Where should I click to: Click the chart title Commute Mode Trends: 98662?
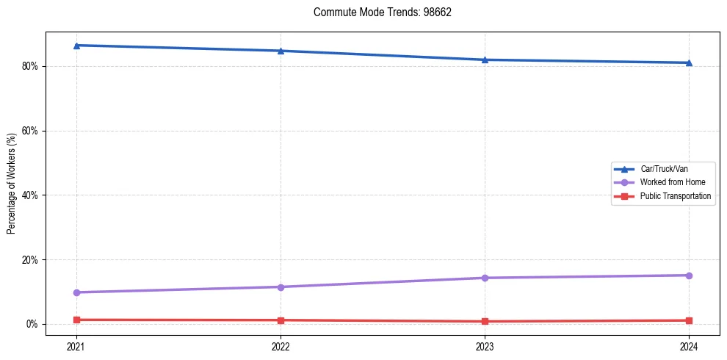pyautogui.click(x=377, y=12)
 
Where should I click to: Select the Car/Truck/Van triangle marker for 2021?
pyautogui.click(x=76, y=46)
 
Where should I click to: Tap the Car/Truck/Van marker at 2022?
pyautogui.click(x=281, y=51)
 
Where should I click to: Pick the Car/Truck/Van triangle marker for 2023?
pyautogui.click(x=485, y=60)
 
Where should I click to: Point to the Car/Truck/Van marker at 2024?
pyautogui.click(x=689, y=62)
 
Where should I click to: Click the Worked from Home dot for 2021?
pyautogui.click(x=76, y=292)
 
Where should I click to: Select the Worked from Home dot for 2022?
pyautogui.click(x=281, y=287)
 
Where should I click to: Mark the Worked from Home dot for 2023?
pyautogui.click(x=485, y=278)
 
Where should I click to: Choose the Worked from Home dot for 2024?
pyautogui.click(x=689, y=276)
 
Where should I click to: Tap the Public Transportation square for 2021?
pyautogui.click(x=76, y=320)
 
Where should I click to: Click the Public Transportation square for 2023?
pyautogui.click(x=485, y=321)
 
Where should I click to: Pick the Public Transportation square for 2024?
pyautogui.click(x=689, y=320)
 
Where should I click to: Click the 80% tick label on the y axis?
pyautogui.click(x=30, y=66)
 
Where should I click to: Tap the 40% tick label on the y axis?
pyautogui.click(x=30, y=195)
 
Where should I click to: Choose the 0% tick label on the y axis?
pyautogui.click(x=32, y=324)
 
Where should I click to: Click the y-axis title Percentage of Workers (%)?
pyautogui.click(x=12, y=183)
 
